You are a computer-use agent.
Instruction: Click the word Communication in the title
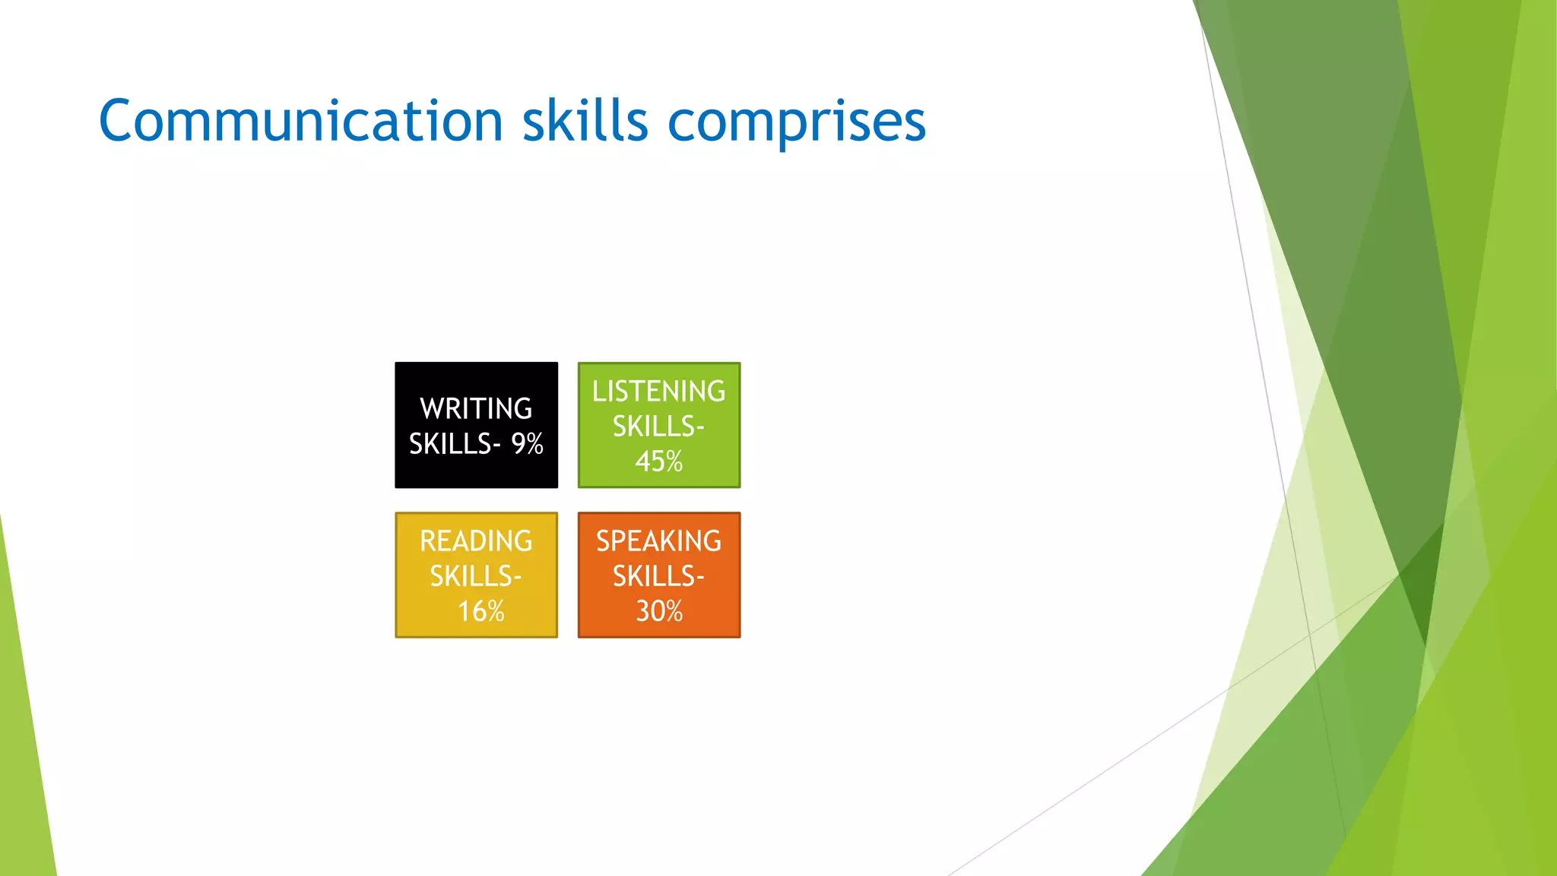(x=300, y=122)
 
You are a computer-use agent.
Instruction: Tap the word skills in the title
(x=585, y=122)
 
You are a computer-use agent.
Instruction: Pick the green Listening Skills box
(x=658, y=425)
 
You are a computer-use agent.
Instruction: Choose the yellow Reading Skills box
(x=476, y=575)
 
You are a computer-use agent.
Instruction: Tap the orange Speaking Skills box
(x=658, y=575)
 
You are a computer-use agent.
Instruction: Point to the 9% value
(x=527, y=443)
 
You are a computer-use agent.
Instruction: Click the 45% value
(x=658, y=461)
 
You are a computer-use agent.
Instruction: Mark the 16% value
(x=480, y=611)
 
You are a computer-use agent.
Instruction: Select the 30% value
(x=658, y=611)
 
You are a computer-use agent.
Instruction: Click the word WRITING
(x=476, y=408)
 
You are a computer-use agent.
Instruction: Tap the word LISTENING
(x=658, y=391)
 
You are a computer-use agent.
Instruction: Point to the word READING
(x=476, y=541)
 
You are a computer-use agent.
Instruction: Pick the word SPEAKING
(x=658, y=541)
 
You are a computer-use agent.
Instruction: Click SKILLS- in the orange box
(x=658, y=576)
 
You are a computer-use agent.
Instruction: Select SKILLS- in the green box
(x=658, y=426)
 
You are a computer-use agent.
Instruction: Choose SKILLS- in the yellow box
(x=476, y=576)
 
